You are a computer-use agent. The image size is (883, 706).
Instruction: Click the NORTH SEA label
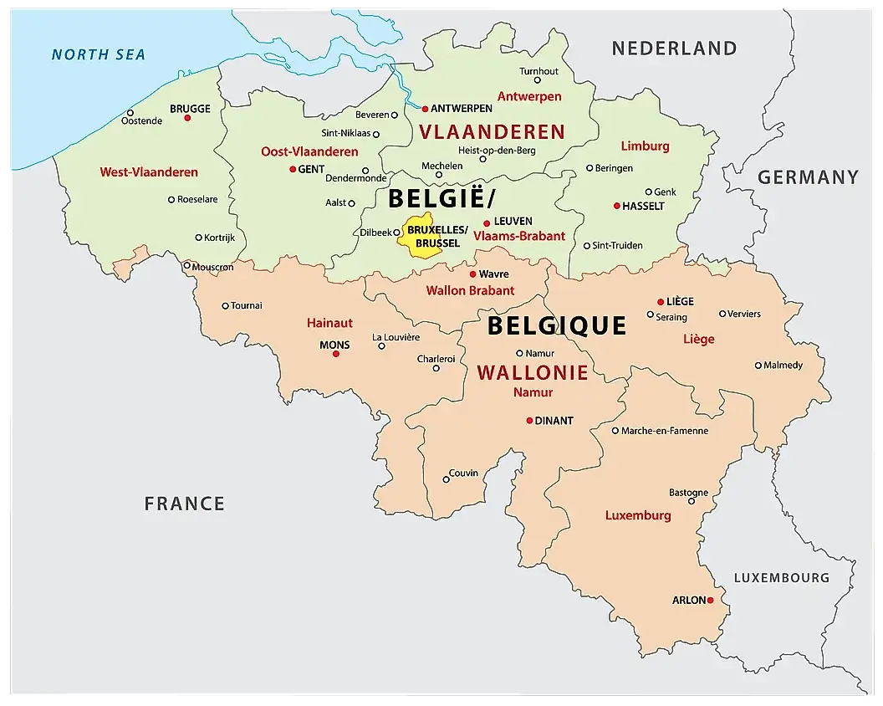(x=98, y=55)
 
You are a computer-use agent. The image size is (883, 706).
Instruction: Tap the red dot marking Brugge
(x=187, y=118)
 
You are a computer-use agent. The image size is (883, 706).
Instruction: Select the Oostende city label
(x=141, y=120)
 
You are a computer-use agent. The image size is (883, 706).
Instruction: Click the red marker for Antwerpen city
(x=425, y=109)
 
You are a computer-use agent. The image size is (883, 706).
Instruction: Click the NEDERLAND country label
(x=674, y=49)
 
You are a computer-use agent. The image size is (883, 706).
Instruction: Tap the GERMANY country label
(x=808, y=177)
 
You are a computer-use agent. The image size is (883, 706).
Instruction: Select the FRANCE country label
(x=184, y=504)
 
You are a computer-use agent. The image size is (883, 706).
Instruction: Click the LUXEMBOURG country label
(x=781, y=578)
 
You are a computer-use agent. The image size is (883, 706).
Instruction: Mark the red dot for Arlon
(x=710, y=601)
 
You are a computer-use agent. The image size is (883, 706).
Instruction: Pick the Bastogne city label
(x=688, y=493)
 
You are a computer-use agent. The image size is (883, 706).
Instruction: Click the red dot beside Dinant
(x=529, y=421)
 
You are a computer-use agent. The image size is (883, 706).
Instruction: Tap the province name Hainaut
(x=329, y=322)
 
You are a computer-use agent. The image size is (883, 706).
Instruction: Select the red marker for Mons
(x=336, y=354)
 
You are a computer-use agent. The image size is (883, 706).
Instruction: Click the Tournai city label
(x=247, y=305)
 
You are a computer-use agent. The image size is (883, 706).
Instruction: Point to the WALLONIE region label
(x=532, y=373)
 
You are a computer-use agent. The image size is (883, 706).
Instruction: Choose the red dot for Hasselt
(x=617, y=206)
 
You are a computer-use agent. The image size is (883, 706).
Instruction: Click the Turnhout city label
(x=538, y=71)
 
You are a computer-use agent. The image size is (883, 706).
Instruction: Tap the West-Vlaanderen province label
(x=149, y=172)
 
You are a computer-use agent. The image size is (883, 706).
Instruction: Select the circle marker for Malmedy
(x=758, y=366)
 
